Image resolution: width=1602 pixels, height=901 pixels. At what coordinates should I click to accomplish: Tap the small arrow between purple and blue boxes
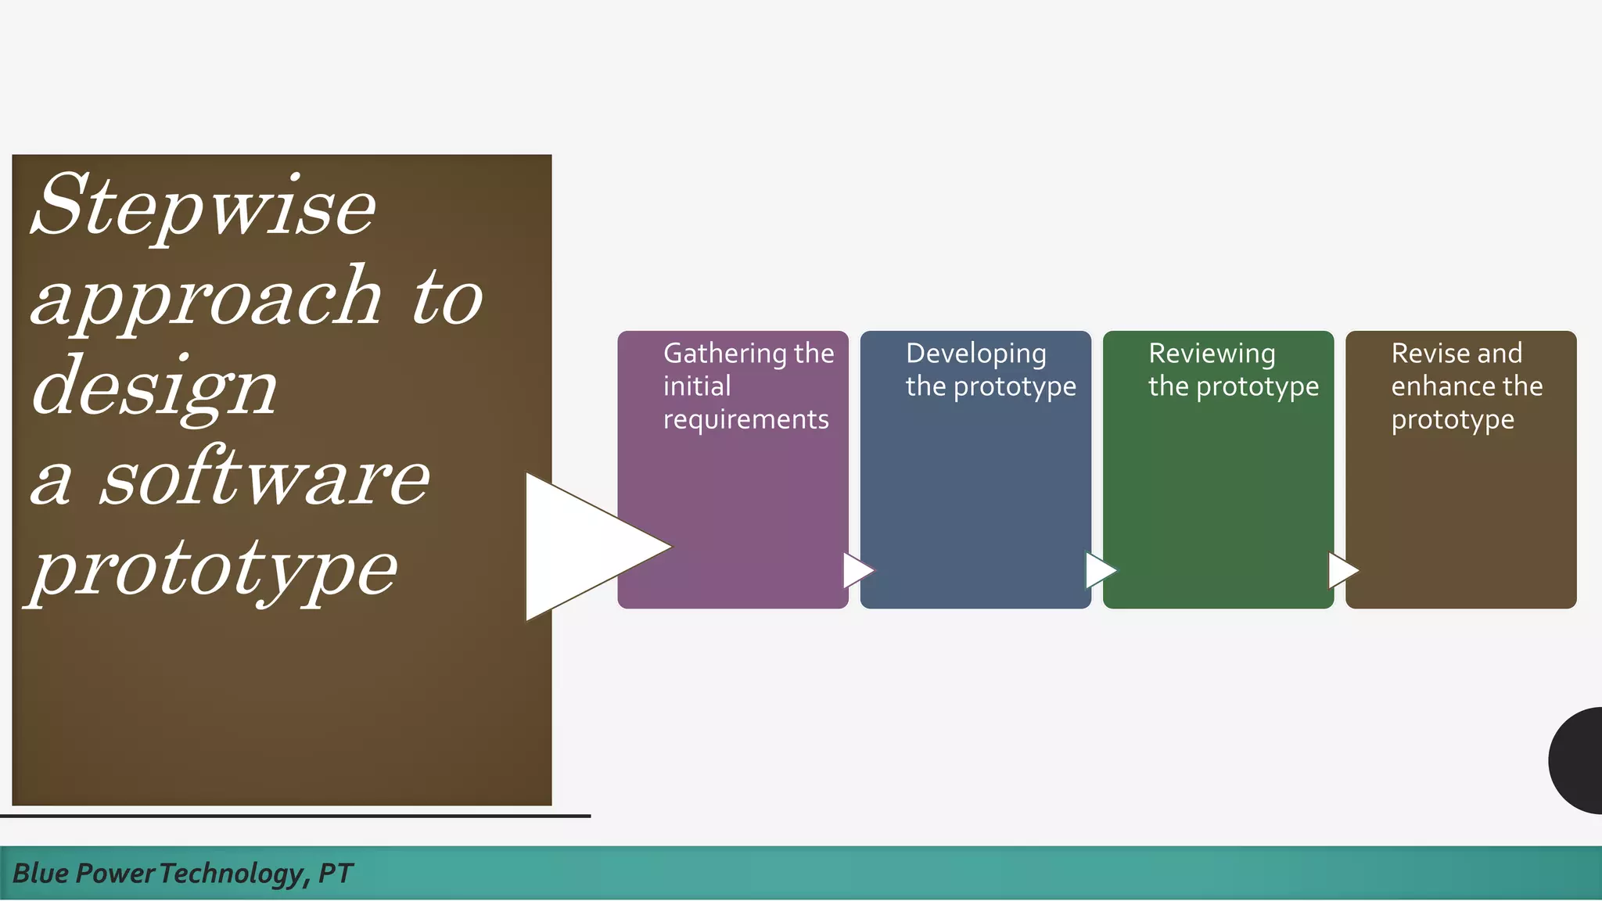pyautogui.click(x=857, y=570)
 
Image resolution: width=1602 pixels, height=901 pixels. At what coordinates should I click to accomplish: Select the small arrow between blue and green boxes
pyautogui.click(x=1099, y=570)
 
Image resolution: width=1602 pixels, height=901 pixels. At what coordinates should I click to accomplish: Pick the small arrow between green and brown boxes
pyautogui.click(x=1342, y=570)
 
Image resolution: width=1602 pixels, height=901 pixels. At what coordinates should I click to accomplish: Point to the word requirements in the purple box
pyautogui.click(x=745, y=420)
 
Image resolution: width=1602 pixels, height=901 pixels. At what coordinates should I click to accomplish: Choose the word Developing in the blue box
pyautogui.click(x=975, y=354)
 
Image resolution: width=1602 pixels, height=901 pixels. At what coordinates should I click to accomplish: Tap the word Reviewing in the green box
pyautogui.click(x=1211, y=354)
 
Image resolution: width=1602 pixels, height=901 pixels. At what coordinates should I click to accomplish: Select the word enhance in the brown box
pyautogui.click(x=1442, y=386)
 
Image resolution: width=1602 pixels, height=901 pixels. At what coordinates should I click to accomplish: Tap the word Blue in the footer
pyautogui.click(x=41, y=873)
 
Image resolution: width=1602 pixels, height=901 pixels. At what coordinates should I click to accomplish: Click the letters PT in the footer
pyautogui.click(x=336, y=873)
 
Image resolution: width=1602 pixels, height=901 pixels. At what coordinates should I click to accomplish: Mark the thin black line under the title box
pyautogui.click(x=295, y=816)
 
